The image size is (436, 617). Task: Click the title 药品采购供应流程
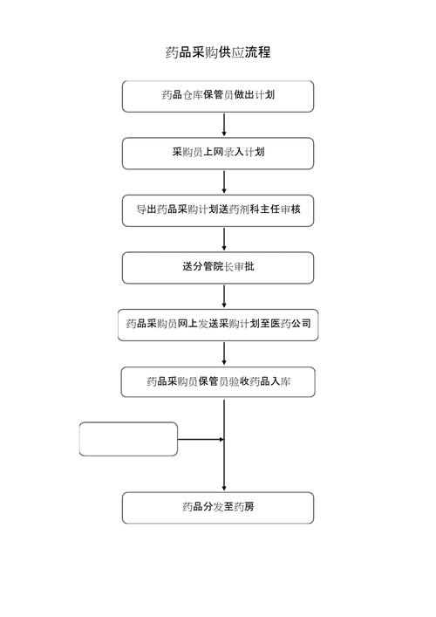click(x=218, y=52)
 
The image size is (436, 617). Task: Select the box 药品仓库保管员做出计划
click(x=218, y=96)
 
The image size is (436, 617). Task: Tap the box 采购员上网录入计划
click(x=218, y=154)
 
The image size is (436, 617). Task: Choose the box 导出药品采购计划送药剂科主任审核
click(x=218, y=210)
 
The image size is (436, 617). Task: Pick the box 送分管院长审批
click(x=218, y=268)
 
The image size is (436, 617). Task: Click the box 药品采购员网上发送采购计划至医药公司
click(x=218, y=325)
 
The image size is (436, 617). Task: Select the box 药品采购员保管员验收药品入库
click(x=218, y=381)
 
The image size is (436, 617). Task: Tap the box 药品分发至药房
click(x=218, y=508)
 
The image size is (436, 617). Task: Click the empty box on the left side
click(x=128, y=439)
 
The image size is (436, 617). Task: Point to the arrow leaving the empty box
click(x=201, y=439)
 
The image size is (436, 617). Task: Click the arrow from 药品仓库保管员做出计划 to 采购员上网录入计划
click(x=224, y=125)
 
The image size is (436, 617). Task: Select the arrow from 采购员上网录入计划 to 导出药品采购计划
click(x=224, y=182)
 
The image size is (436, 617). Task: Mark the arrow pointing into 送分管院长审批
click(x=224, y=239)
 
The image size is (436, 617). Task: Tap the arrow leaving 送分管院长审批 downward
click(x=224, y=297)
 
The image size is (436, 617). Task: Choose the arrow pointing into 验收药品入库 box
click(x=224, y=353)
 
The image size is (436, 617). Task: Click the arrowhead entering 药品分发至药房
click(x=224, y=488)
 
